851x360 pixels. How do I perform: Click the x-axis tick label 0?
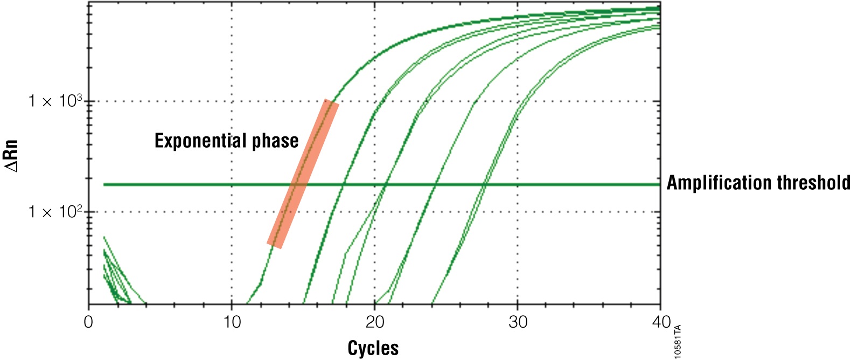pos(89,322)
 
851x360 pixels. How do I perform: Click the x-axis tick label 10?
pos(232,322)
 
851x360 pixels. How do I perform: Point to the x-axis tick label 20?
pos(374,322)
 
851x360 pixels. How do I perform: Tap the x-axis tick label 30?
pos(518,322)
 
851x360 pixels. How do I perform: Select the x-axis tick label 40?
pos(660,322)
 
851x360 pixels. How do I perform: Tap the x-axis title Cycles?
pos(373,348)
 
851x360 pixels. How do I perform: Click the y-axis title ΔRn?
pos(11,156)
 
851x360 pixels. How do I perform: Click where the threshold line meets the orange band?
pos(299,185)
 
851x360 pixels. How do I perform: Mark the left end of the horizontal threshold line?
pos(104,185)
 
